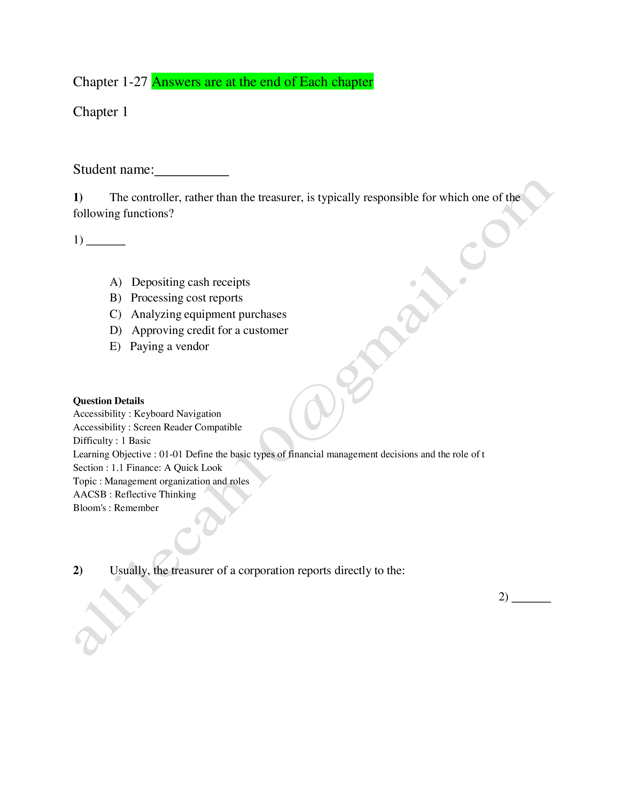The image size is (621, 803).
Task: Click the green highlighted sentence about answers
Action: (262, 82)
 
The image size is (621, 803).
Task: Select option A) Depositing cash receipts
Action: (180, 282)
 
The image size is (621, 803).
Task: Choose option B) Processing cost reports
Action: (176, 298)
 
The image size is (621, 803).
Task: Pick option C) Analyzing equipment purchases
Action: (198, 314)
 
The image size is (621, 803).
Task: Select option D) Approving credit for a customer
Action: (199, 330)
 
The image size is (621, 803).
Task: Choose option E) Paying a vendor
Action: (159, 346)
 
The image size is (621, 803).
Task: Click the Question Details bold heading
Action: (108, 401)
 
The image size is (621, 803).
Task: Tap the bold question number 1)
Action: (77, 197)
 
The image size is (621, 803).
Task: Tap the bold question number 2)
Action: (77, 570)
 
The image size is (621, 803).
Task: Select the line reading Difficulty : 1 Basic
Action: (112, 441)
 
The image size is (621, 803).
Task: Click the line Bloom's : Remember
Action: (116, 508)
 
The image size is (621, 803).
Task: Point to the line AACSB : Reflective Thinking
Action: (135, 495)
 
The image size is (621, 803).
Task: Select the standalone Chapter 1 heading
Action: (100, 112)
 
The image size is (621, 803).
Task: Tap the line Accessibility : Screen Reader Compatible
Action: (157, 427)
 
